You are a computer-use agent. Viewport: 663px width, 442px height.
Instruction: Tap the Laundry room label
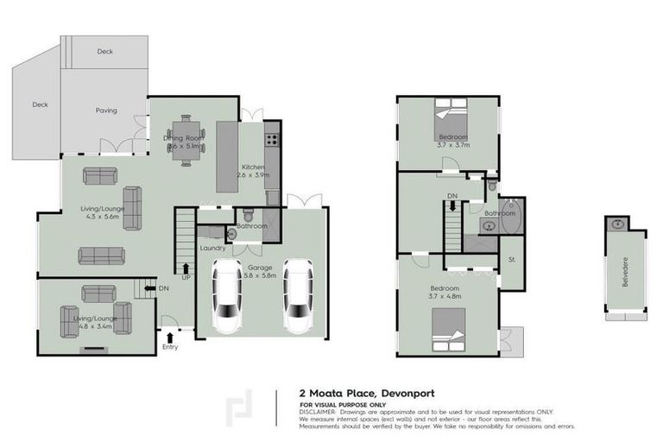[x=212, y=249]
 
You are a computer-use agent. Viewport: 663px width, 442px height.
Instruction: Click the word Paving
[x=106, y=110]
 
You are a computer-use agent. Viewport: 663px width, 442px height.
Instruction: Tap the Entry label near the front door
[x=170, y=347]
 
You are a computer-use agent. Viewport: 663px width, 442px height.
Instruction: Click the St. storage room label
[x=511, y=259]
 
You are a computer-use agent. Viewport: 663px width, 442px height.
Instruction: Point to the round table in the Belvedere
[x=618, y=223]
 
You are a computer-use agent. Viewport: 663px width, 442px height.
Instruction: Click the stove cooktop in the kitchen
[x=272, y=136]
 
